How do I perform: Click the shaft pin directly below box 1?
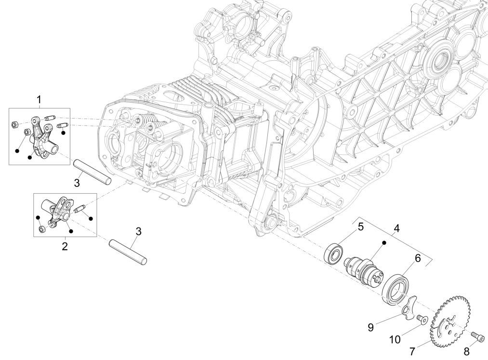(92, 172)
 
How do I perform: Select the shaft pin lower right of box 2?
(128, 252)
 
